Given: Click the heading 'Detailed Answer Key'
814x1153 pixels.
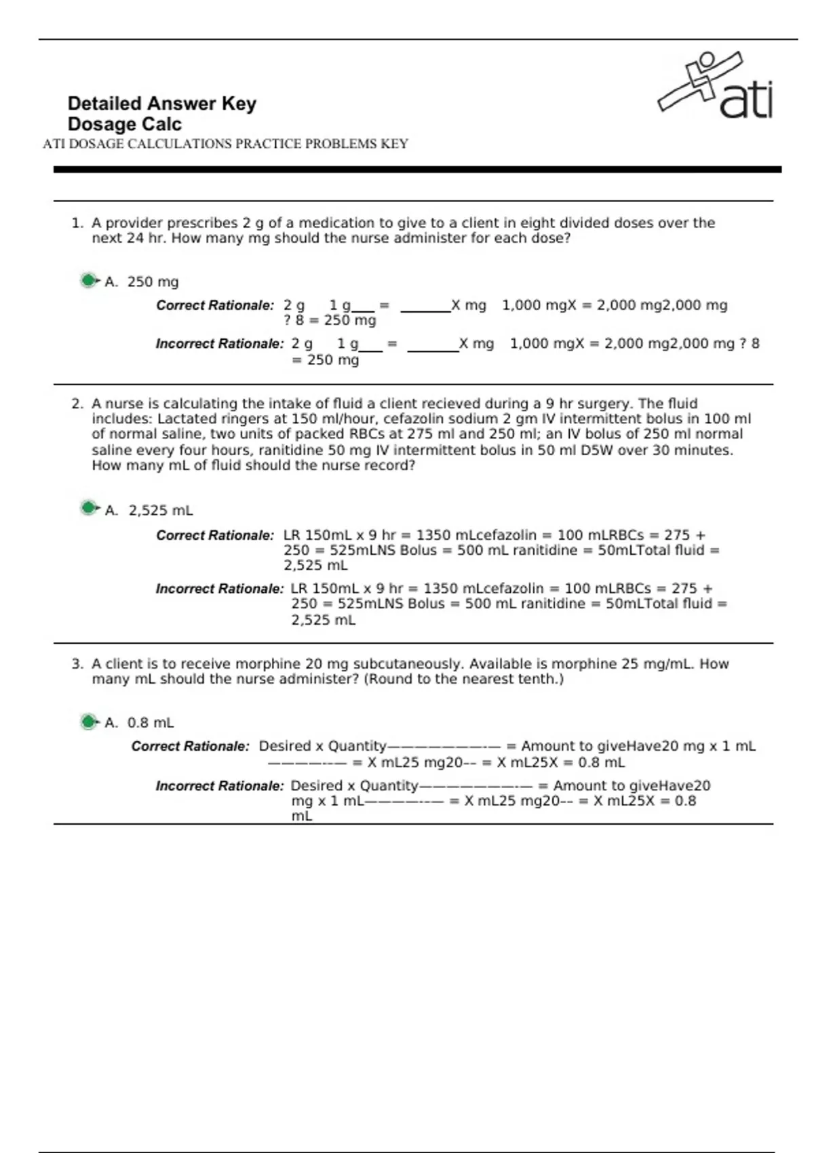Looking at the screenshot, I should [x=161, y=104].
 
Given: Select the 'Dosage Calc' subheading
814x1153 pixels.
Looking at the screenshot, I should [x=124, y=125].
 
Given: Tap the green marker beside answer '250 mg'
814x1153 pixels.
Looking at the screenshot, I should [x=88, y=280].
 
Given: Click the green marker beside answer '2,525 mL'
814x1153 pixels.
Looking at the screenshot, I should [x=88, y=508].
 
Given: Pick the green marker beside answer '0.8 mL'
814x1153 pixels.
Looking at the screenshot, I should [x=88, y=722].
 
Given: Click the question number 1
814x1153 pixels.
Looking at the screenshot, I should [x=77, y=223].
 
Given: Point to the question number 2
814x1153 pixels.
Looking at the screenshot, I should [x=77, y=404].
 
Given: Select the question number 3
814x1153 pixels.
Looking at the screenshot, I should [x=77, y=664].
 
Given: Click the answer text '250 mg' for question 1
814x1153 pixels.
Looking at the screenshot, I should [x=153, y=281].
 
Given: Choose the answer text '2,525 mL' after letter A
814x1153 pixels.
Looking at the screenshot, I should [x=161, y=510].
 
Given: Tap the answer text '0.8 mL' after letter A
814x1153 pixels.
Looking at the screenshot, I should [x=151, y=723].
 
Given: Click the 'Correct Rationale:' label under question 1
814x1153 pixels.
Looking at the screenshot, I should [x=215, y=306].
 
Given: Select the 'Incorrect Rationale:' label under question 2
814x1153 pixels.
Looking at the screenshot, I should [x=219, y=589].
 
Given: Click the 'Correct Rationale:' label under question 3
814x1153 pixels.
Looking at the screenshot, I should [x=191, y=746].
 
